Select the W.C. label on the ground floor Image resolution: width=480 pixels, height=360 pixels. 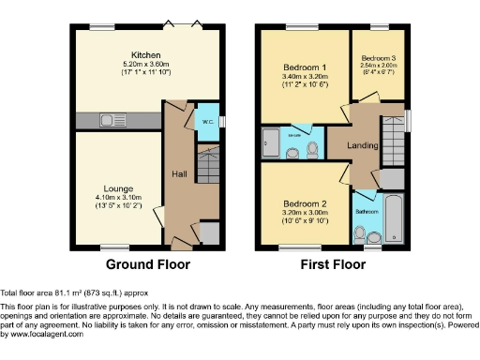(205, 120)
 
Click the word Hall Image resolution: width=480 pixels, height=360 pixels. (180, 173)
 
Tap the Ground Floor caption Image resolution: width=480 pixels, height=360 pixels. (147, 264)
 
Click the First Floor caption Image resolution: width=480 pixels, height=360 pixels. (332, 264)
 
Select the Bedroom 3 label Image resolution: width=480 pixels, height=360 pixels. (378, 58)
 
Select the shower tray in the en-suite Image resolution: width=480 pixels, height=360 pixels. (269, 144)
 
